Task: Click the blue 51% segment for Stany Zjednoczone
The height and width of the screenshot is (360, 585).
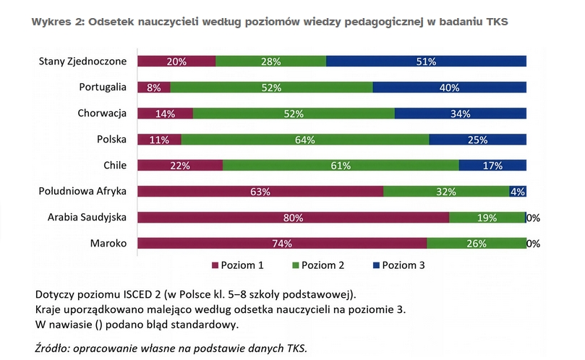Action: (426, 61)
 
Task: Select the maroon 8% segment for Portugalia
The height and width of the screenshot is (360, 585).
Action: (153, 87)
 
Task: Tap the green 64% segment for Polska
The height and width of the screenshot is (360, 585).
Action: (304, 140)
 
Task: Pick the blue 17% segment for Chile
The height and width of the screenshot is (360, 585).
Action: (492, 166)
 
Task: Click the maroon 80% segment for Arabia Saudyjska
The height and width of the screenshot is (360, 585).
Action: (293, 218)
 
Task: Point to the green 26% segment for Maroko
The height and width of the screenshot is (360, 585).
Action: (476, 244)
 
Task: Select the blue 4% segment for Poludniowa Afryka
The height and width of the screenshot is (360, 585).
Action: (518, 192)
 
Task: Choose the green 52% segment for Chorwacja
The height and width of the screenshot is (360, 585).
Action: (294, 113)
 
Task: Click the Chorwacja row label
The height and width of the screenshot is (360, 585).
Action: (102, 113)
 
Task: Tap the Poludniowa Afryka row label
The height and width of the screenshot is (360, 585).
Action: (83, 192)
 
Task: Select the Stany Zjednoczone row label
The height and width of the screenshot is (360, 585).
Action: (82, 61)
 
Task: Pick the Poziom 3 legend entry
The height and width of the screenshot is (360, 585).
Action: (403, 265)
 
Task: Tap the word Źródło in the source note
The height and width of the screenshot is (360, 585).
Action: (53, 348)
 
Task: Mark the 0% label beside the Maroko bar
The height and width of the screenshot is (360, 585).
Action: (534, 244)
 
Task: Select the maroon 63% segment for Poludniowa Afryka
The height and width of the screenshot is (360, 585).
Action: (260, 192)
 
